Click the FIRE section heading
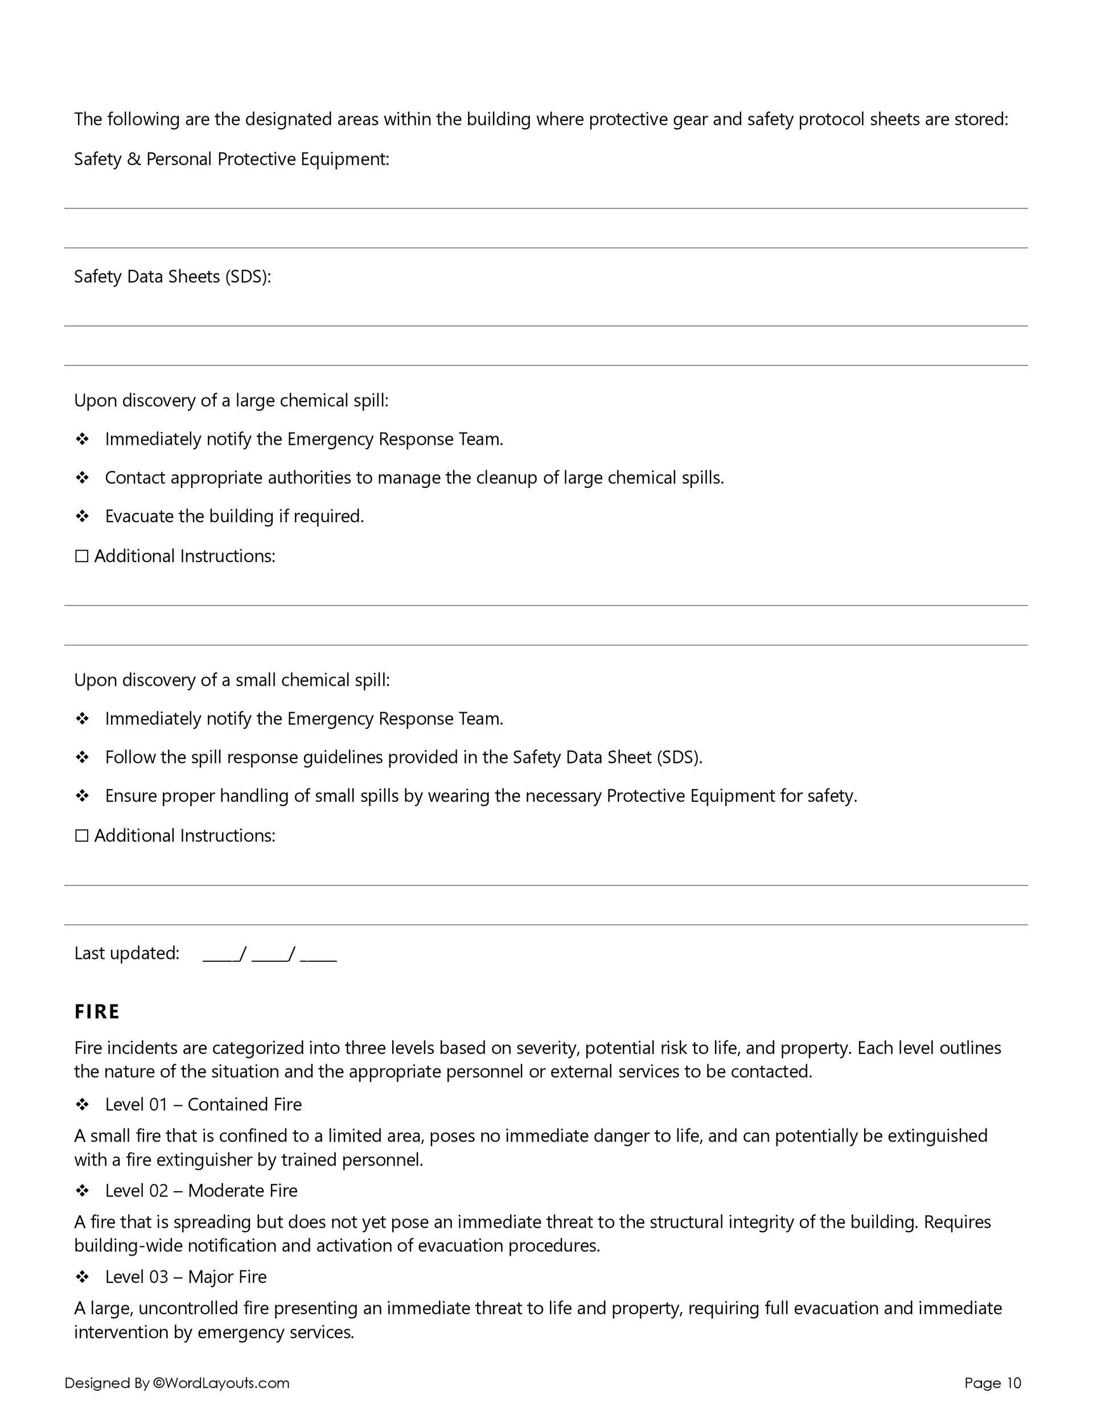[97, 1012]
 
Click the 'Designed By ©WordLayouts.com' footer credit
[177, 1383]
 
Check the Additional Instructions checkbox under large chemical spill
[81, 556]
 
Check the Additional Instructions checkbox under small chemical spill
[81, 836]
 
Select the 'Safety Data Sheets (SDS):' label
[172, 277]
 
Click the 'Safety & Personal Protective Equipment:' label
[231, 159]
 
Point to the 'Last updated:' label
[126, 953]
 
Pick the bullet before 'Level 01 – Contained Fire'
[83, 1104]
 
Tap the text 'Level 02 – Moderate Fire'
[201, 1190]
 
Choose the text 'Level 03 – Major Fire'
[186, 1277]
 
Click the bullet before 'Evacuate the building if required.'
[83, 516]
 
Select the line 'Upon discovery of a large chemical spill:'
[231, 400]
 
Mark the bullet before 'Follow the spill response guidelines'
[83, 757]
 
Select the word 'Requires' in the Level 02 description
[957, 1222]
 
